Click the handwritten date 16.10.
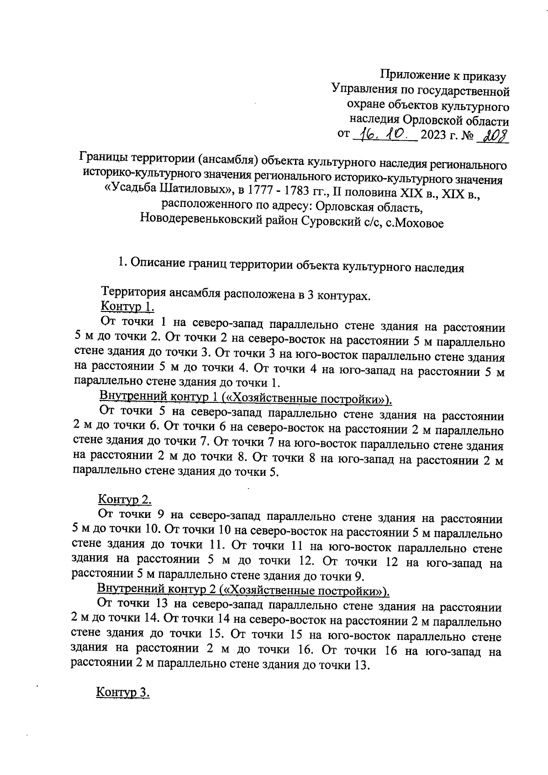pyautogui.click(x=385, y=134)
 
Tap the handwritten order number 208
pyautogui.click(x=493, y=135)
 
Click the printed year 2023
pyautogui.click(x=435, y=136)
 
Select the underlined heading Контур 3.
pyautogui.click(x=123, y=692)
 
